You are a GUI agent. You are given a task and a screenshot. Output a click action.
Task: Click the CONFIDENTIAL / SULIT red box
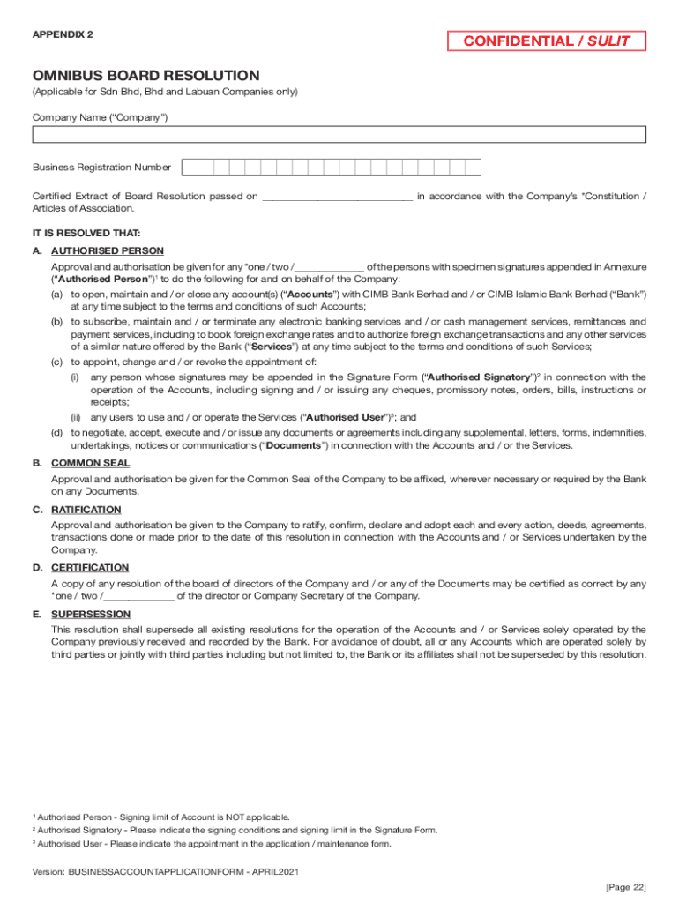547,41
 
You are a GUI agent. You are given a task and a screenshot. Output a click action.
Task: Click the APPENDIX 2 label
63,34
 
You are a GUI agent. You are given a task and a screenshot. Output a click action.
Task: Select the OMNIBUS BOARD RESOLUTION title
145,76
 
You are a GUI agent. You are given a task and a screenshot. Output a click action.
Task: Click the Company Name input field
339,134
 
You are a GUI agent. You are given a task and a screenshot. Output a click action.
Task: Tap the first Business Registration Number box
190,168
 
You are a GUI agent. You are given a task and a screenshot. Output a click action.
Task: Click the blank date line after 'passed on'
337,197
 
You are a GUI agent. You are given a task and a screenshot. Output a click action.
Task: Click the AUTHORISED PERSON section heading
107,251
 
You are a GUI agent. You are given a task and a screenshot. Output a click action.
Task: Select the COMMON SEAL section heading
90,463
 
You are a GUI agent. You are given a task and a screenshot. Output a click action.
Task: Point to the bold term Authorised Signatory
477,377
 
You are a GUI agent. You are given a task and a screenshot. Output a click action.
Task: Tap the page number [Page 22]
627,885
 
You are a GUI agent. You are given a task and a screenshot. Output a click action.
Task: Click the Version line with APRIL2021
167,871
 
